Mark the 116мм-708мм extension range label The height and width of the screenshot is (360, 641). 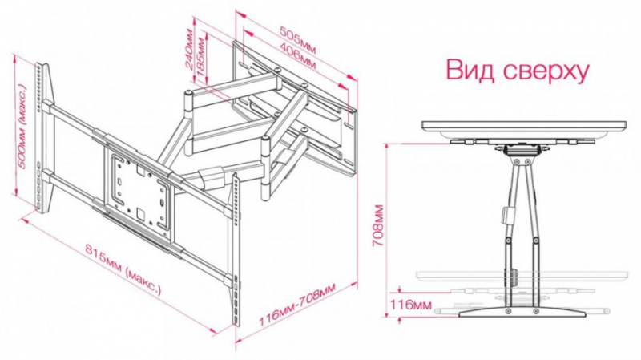click(x=296, y=309)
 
